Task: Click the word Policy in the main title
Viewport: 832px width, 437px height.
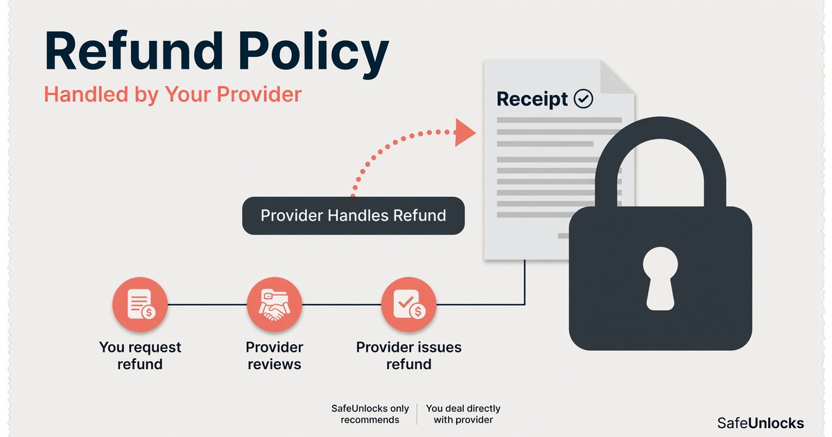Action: pos(313,55)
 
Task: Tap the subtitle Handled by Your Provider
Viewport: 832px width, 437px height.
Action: pos(173,94)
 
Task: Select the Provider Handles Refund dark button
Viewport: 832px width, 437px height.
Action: pos(353,216)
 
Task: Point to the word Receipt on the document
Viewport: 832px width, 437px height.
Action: pos(532,99)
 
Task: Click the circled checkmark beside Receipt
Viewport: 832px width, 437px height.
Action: pos(583,98)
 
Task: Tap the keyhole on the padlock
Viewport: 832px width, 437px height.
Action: pos(660,278)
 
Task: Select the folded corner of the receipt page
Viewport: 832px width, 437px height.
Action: pos(616,77)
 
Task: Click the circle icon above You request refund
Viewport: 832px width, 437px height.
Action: pos(140,305)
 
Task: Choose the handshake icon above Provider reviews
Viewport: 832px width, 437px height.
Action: pos(275,305)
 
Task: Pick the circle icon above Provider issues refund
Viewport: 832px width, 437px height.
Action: pos(408,305)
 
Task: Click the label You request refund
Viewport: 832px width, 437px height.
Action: pos(140,356)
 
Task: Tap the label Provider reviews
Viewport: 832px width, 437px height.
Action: pos(275,356)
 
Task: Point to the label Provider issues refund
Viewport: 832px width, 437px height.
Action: pos(408,356)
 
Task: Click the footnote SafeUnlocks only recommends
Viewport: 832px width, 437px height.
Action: pos(370,414)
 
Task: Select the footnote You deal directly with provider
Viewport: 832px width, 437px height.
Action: pos(463,414)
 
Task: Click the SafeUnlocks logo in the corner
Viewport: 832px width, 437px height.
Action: pos(761,423)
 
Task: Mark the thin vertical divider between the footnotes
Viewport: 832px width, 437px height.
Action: pos(417,414)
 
